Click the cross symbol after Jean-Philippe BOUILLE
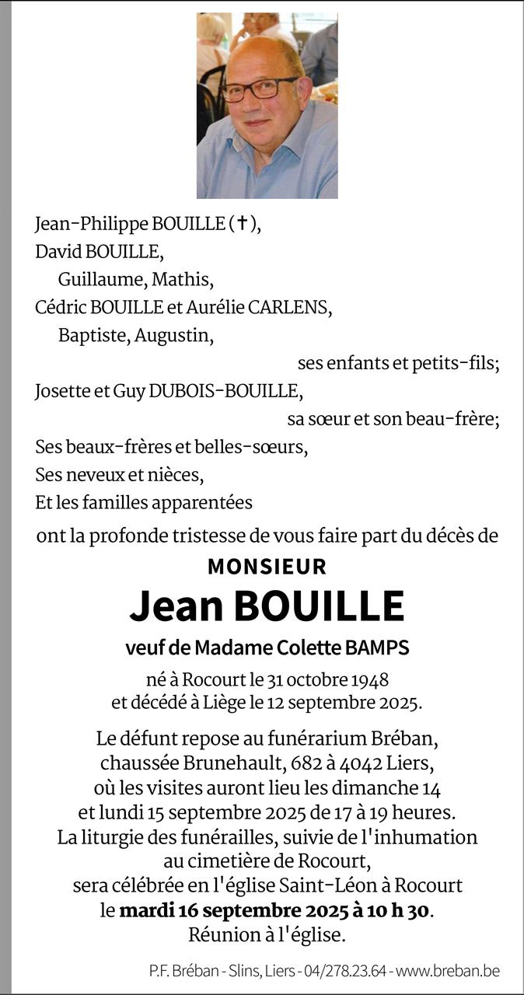coord(243,224)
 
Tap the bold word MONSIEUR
coord(267,567)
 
